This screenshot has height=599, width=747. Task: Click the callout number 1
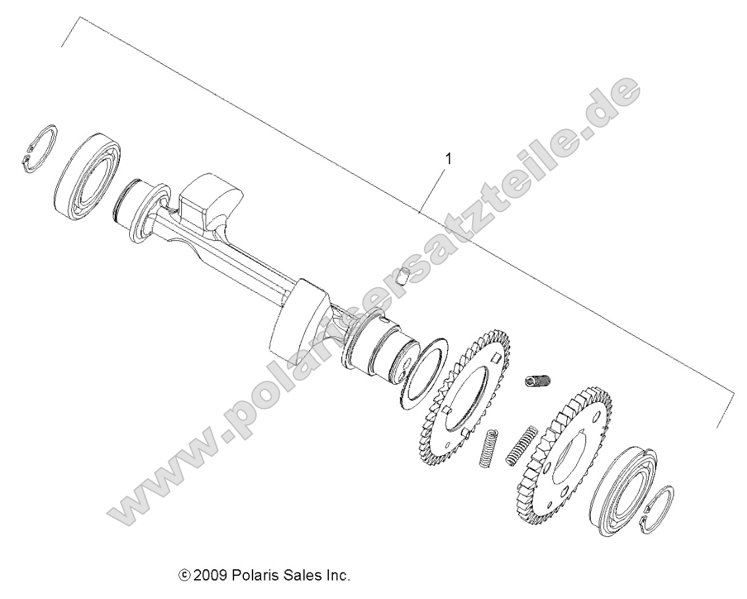(x=449, y=159)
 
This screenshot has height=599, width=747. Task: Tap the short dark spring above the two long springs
(x=538, y=382)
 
